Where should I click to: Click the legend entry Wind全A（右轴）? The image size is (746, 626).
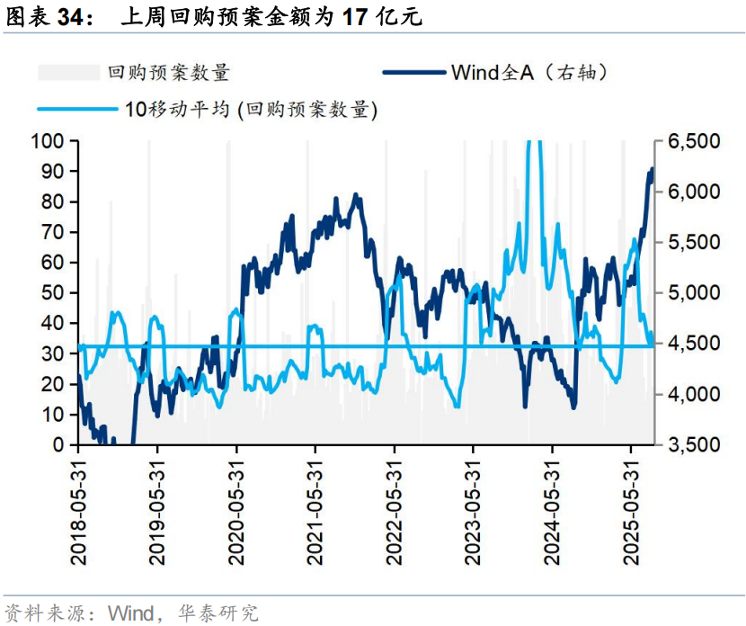coord(530,72)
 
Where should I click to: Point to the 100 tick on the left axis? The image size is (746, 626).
coord(48,141)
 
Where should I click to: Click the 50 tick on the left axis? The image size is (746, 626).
coord(53,293)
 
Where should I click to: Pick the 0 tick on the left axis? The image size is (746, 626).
coord(59,445)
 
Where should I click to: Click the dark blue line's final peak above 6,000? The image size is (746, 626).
coord(652,168)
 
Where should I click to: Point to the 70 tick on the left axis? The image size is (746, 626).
coord(53,232)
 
